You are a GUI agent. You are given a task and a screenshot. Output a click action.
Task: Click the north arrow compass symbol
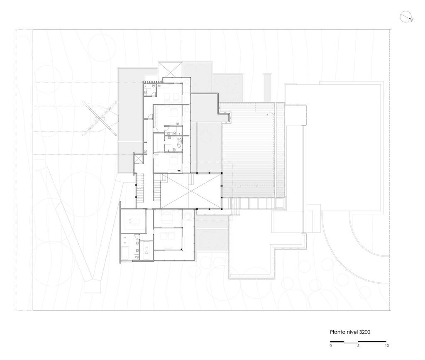406,17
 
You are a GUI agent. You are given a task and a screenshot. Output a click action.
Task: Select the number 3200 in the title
364,332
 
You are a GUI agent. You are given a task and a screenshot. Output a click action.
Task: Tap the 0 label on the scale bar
331,345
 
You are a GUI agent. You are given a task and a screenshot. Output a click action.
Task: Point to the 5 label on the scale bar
358,345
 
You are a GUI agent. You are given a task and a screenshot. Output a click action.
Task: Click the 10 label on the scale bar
387,345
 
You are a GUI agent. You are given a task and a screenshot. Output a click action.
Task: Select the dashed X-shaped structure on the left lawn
100,118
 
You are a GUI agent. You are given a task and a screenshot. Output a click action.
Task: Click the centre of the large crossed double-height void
191,191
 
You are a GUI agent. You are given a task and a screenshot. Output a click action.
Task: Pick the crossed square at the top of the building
170,69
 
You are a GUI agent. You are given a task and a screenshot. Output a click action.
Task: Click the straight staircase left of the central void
157,191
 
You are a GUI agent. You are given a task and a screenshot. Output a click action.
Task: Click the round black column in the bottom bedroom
181,249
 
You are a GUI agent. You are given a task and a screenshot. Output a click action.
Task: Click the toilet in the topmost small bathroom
154,86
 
